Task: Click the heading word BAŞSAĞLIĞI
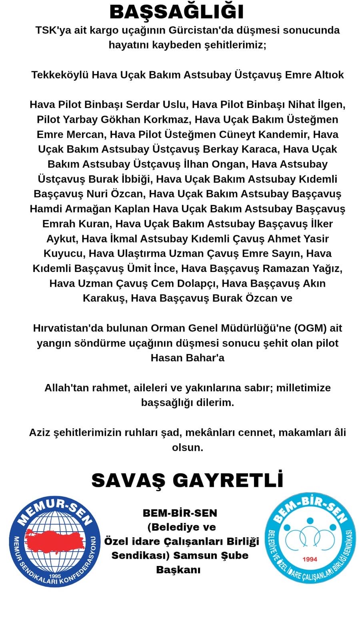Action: tap(176, 12)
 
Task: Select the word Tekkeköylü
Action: tap(60, 75)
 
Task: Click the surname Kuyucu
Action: tap(64, 254)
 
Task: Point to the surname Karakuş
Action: tap(105, 298)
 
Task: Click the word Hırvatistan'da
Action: tap(68, 328)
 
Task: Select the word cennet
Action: tap(256, 433)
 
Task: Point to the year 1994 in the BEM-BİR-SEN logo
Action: tap(310, 559)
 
